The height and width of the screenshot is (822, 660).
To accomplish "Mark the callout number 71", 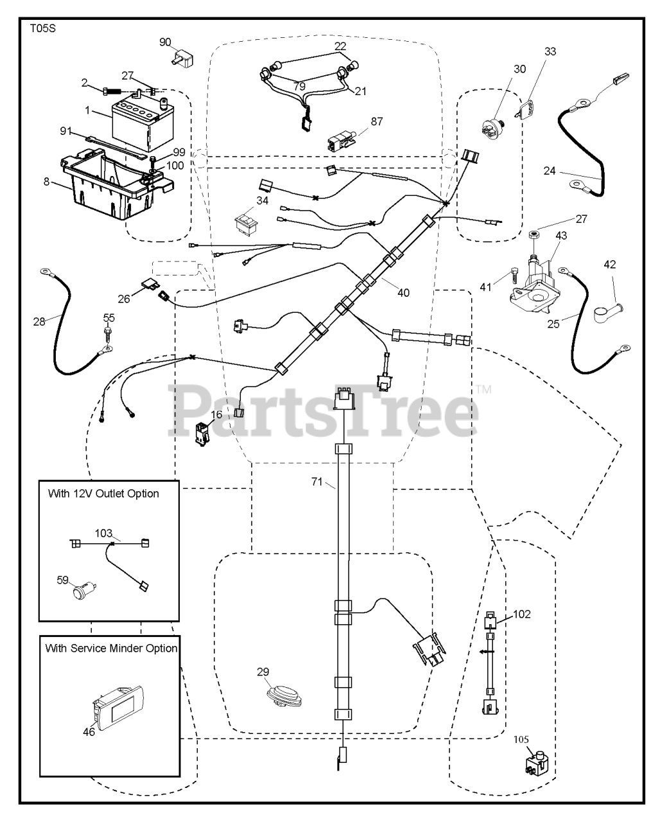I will [x=317, y=482].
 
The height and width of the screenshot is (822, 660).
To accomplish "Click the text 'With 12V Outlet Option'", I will [x=103, y=494].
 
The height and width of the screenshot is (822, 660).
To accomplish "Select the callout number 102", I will [x=522, y=614].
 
